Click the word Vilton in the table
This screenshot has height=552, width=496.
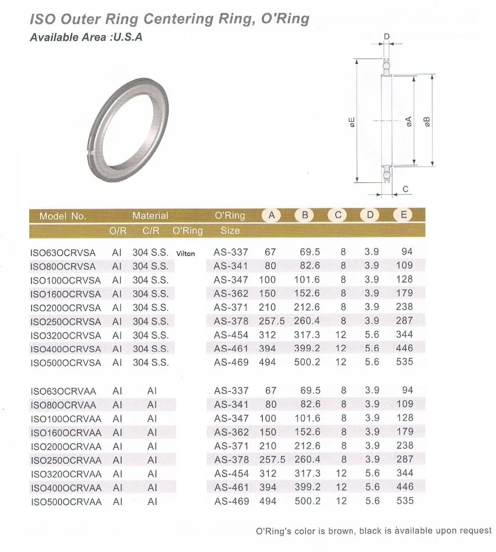[x=186, y=254]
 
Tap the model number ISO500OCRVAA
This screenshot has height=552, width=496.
[x=66, y=502]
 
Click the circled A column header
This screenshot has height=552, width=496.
[x=271, y=215]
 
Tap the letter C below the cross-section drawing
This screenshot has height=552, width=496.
[x=405, y=189]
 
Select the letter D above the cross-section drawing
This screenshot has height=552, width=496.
[x=387, y=36]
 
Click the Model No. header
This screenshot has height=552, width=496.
[x=62, y=216]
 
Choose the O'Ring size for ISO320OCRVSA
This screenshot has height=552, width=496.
[x=231, y=334]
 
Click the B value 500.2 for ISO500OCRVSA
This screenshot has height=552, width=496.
[x=307, y=362]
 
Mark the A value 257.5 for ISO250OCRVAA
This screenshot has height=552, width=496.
[x=272, y=459]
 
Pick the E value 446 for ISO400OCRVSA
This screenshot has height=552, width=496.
[x=404, y=348]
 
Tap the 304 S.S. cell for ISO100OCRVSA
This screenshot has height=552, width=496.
[x=151, y=280]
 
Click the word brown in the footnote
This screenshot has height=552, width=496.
[x=335, y=531]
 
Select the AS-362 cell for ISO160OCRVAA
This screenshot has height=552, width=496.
[x=231, y=432]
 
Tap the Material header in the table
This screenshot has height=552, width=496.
[x=150, y=216]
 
